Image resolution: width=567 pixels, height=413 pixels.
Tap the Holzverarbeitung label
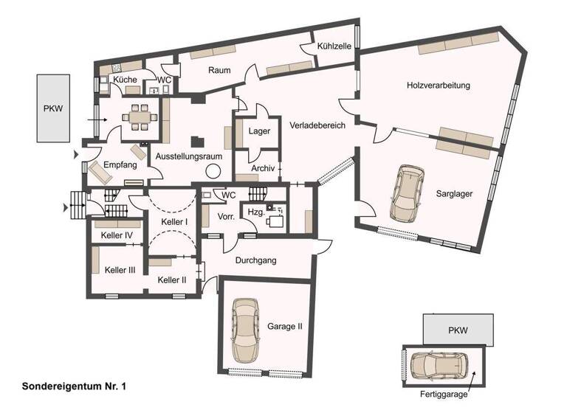438,86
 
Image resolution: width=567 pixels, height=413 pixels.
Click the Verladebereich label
317,125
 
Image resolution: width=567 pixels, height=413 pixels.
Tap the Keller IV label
117,236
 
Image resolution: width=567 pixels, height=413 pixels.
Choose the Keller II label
172,280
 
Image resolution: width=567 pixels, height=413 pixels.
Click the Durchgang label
255,260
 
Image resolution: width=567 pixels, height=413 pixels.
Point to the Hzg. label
255,211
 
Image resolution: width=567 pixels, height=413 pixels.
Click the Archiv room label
263,169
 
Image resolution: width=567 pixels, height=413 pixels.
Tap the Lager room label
260,131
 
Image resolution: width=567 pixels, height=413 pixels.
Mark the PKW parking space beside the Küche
53,108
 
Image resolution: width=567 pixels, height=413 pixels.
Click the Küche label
125,79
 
